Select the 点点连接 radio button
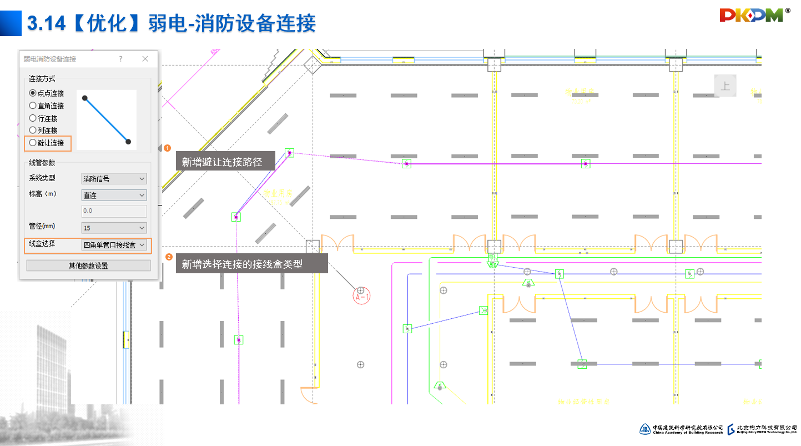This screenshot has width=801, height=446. [x=33, y=93]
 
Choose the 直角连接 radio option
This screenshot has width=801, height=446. [x=33, y=106]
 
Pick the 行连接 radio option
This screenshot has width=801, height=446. [x=33, y=118]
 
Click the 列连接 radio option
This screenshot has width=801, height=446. [x=33, y=131]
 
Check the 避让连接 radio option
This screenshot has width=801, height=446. [x=33, y=143]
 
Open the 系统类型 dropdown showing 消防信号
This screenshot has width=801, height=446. [x=114, y=179]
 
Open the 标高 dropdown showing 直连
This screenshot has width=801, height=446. [x=114, y=195]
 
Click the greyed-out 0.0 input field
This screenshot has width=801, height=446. [x=114, y=211]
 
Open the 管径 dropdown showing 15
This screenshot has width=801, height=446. [x=114, y=228]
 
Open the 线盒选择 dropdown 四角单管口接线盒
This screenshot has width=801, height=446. [x=114, y=245]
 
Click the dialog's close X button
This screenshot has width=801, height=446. [x=145, y=59]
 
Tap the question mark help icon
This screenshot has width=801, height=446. [x=120, y=59]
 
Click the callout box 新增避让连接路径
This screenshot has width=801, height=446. [x=225, y=162]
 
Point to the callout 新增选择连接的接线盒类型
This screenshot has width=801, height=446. [x=251, y=264]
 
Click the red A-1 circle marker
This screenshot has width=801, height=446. [x=362, y=297]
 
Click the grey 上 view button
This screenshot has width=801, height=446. [x=725, y=86]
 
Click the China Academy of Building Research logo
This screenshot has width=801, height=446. [x=682, y=429]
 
